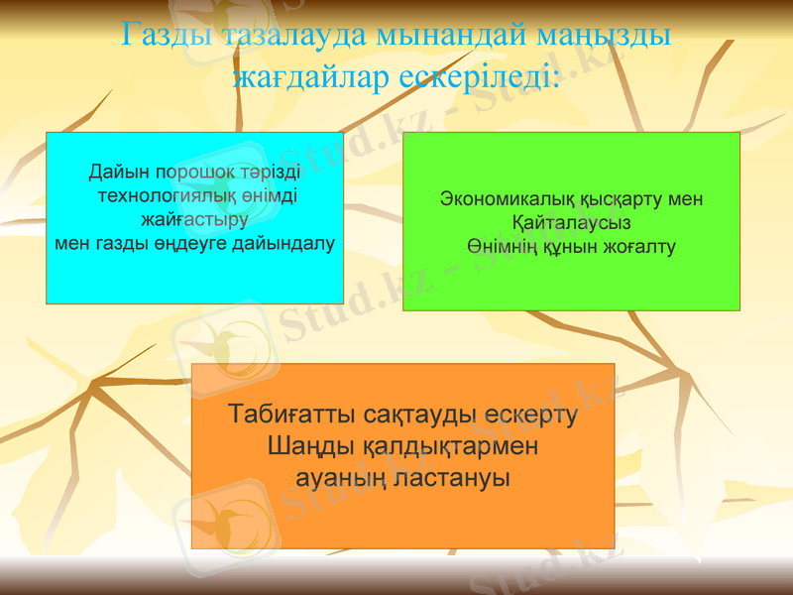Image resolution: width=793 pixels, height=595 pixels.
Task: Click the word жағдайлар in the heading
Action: pyautogui.click(x=311, y=75)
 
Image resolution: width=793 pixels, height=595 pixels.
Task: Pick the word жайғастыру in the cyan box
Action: pyautogui.click(x=194, y=219)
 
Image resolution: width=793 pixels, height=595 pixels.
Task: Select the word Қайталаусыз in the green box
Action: pyautogui.click(x=571, y=222)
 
